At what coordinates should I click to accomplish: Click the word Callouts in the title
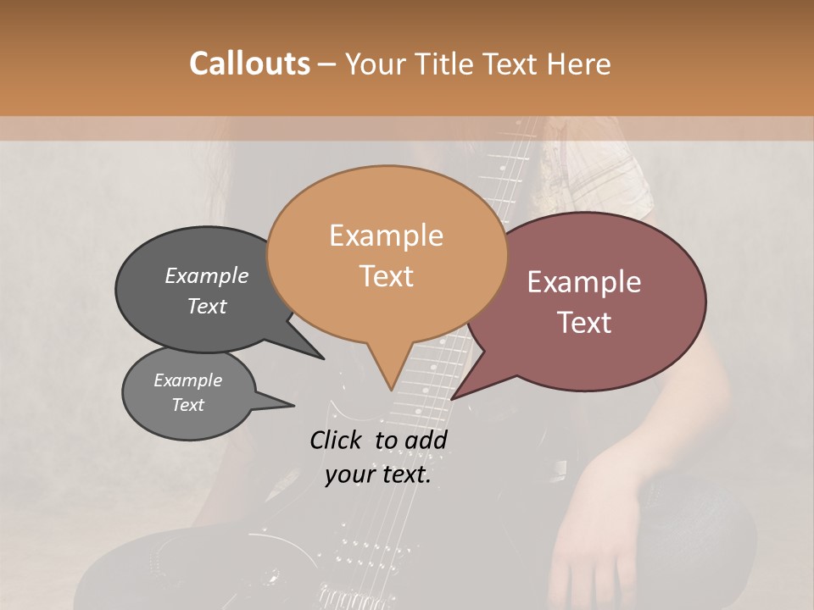click(249, 64)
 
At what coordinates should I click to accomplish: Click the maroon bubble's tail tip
click(452, 398)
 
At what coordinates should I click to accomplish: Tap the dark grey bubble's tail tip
click(323, 358)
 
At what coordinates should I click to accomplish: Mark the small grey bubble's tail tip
click(293, 406)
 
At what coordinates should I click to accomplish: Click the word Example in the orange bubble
click(386, 236)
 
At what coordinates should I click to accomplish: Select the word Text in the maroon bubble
click(585, 323)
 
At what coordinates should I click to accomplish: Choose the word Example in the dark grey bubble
click(207, 276)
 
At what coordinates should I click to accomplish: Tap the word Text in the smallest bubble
click(188, 405)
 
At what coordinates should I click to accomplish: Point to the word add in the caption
click(427, 440)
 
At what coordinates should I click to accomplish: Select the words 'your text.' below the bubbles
click(378, 474)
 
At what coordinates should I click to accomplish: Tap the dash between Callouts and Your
click(328, 64)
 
